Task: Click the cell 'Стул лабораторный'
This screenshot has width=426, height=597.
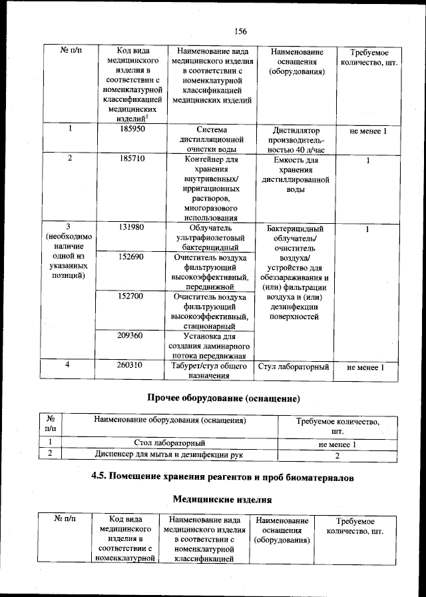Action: [293, 367]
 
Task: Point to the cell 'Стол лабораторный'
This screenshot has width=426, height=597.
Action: [169, 442]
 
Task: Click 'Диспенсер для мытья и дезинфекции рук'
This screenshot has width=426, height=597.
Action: [169, 454]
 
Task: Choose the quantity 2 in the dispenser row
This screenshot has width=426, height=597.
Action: [337, 456]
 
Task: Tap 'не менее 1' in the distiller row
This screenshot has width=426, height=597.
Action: [367, 131]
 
